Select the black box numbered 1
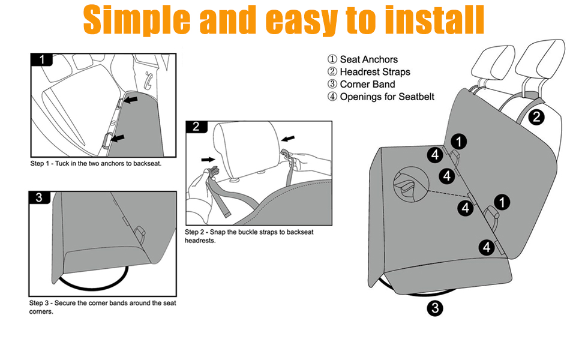click(x=41, y=59)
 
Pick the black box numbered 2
click(x=196, y=127)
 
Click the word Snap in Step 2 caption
click(x=221, y=232)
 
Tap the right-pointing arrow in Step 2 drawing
click(x=209, y=160)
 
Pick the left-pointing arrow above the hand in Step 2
click(x=289, y=139)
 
